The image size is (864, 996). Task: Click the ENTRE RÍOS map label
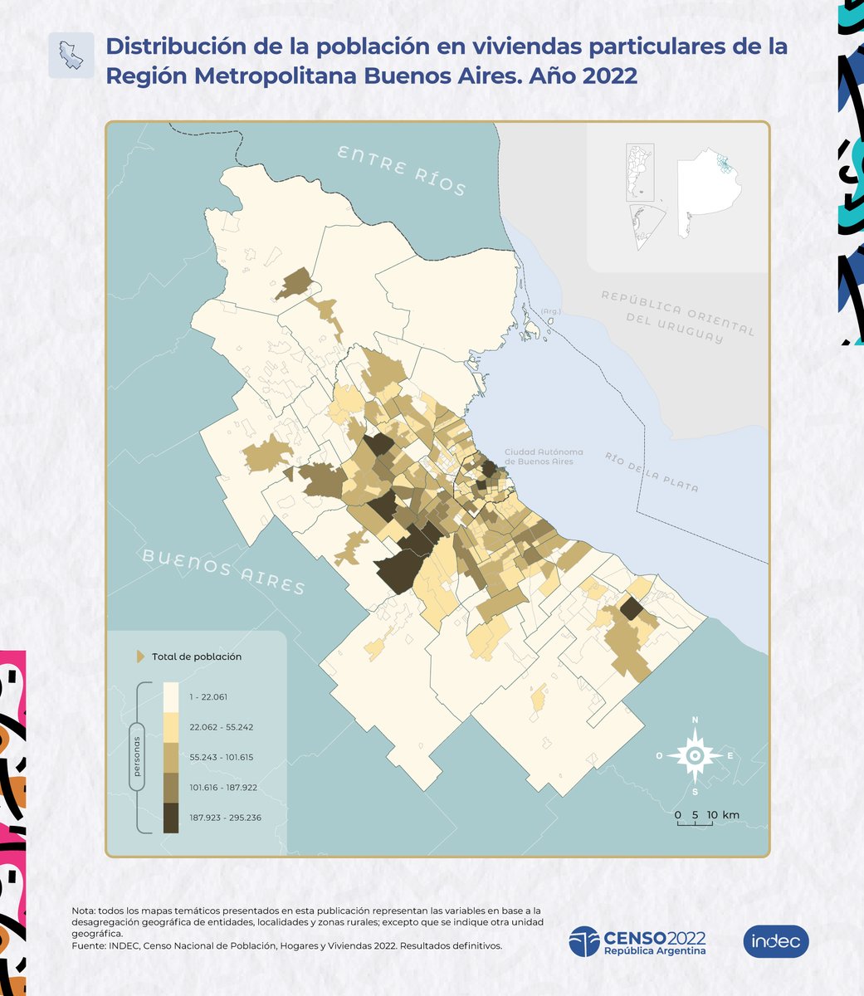coord(402,171)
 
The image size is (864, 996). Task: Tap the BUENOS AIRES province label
coord(224,571)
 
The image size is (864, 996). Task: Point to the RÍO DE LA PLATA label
coord(652,472)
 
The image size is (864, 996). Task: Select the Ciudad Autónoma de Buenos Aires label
coord(544,456)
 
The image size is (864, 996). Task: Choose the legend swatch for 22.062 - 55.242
coord(171,726)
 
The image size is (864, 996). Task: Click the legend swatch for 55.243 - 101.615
coord(171,757)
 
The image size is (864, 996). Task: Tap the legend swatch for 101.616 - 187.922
coord(171,787)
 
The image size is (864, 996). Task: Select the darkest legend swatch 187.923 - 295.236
coord(171,818)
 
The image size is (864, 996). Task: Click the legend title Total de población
coord(197,657)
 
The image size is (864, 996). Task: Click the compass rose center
coord(695,754)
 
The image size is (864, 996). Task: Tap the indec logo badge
coord(775,941)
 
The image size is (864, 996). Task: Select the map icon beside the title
coord(71,56)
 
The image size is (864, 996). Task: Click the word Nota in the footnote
coord(83,911)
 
